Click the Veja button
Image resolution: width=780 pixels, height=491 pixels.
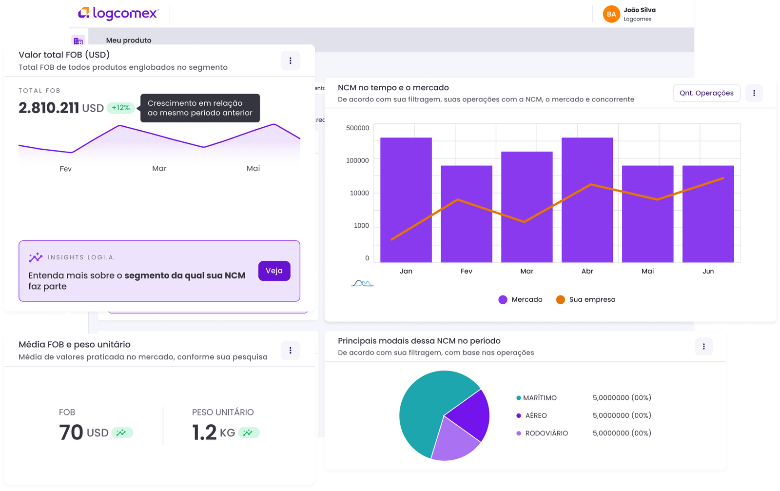coord(274,271)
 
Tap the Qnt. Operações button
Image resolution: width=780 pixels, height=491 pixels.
coord(706,93)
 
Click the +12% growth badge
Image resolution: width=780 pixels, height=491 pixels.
coord(120,108)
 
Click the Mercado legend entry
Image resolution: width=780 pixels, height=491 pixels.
coord(520,299)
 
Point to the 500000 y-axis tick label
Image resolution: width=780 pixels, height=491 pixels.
coord(357,128)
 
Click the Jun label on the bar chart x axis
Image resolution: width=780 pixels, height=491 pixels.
coord(708,271)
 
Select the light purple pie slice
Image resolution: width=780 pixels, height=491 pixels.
coord(453,441)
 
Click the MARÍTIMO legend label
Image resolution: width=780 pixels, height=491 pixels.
coord(540,398)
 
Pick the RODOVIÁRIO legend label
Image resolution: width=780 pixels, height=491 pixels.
coord(546,433)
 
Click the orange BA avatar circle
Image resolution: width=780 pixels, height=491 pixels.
coord(611,14)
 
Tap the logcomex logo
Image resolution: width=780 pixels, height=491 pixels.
coord(118,13)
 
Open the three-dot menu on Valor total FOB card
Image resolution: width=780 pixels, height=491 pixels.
coord(290,61)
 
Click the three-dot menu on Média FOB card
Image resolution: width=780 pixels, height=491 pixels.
coord(290,350)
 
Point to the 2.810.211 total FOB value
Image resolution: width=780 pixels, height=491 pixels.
coord(49,108)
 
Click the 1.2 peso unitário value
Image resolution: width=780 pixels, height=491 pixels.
coord(204,432)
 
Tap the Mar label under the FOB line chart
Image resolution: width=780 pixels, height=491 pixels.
coord(159,168)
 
